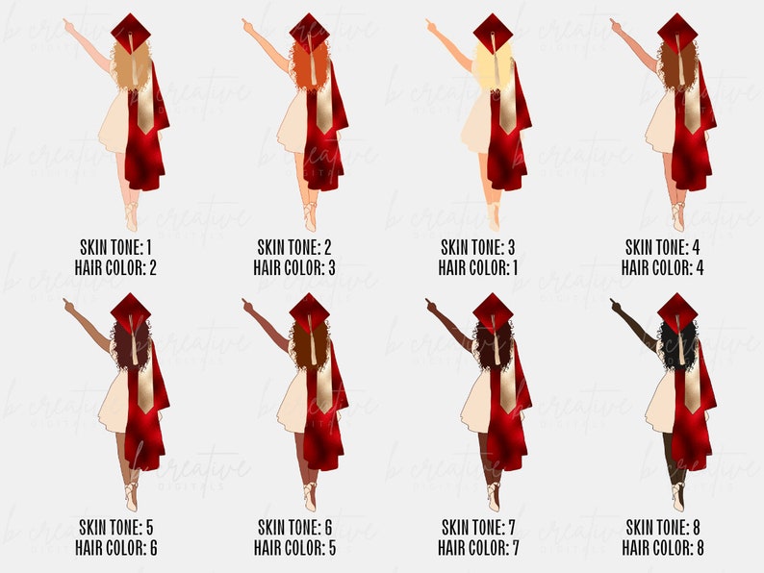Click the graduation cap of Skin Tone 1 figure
click(130, 32)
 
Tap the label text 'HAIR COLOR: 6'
click(115, 548)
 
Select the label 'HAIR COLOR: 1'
click(478, 267)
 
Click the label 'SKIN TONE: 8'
click(663, 527)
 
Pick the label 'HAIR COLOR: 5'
click(294, 548)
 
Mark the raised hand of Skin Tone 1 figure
click(68, 23)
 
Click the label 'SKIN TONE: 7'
click(478, 527)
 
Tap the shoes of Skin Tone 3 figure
click(494, 215)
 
